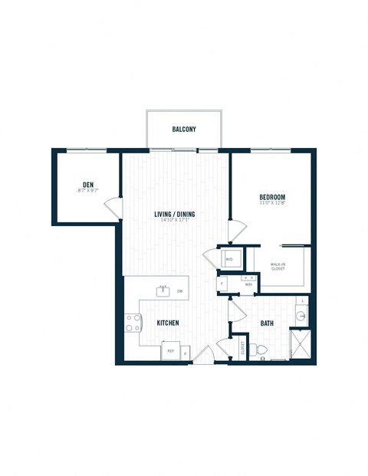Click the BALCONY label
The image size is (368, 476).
183,130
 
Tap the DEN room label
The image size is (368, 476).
88,184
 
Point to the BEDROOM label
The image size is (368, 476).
271,197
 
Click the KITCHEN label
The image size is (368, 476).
168,323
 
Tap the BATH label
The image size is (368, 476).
267,323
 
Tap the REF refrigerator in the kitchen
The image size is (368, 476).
170,350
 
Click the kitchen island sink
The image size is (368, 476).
163,290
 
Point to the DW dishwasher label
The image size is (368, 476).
179,291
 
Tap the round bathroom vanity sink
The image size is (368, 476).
301,315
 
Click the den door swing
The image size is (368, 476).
113,207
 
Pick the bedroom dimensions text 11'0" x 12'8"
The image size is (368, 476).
271,204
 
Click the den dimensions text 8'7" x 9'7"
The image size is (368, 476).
88,191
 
